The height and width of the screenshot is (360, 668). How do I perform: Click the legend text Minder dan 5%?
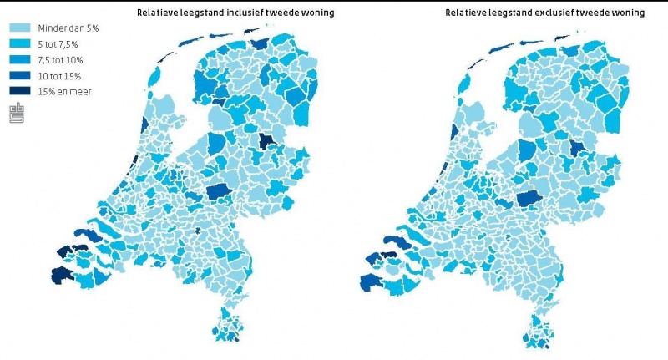(x=63, y=28)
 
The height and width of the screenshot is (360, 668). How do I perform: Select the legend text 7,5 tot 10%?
(x=60, y=59)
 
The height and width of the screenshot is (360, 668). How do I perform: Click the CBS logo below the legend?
(x=17, y=113)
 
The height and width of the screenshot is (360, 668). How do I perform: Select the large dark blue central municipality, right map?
(x=528, y=199)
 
